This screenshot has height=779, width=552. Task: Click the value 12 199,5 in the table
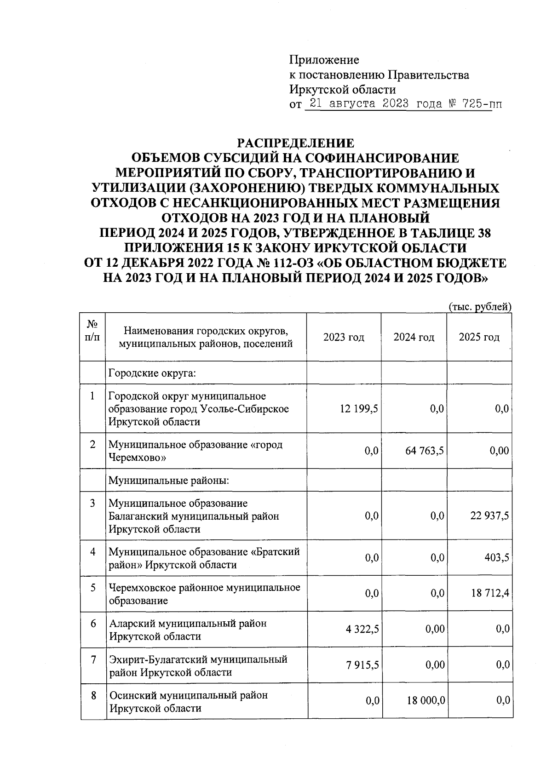point(359,409)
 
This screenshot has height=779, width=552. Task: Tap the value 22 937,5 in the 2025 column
point(489,516)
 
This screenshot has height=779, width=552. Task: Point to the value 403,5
point(496,558)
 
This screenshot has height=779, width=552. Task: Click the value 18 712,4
point(490,594)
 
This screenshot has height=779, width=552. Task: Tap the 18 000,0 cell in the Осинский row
point(425,701)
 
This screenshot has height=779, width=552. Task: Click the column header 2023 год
point(344,338)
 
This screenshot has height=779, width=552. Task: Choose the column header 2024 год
point(414,338)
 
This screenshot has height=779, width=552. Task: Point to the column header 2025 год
point(479,338)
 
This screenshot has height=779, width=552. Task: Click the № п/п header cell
point(92,331)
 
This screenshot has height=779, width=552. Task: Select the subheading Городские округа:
point(152,372)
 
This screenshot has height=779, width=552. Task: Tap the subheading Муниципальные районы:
point(169,481)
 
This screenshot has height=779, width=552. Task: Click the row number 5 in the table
point(93,587)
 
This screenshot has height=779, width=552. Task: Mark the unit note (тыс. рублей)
point(480,307)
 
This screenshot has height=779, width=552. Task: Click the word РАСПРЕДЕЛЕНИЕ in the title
point(295,143)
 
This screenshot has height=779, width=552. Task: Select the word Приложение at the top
point(324,60)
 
